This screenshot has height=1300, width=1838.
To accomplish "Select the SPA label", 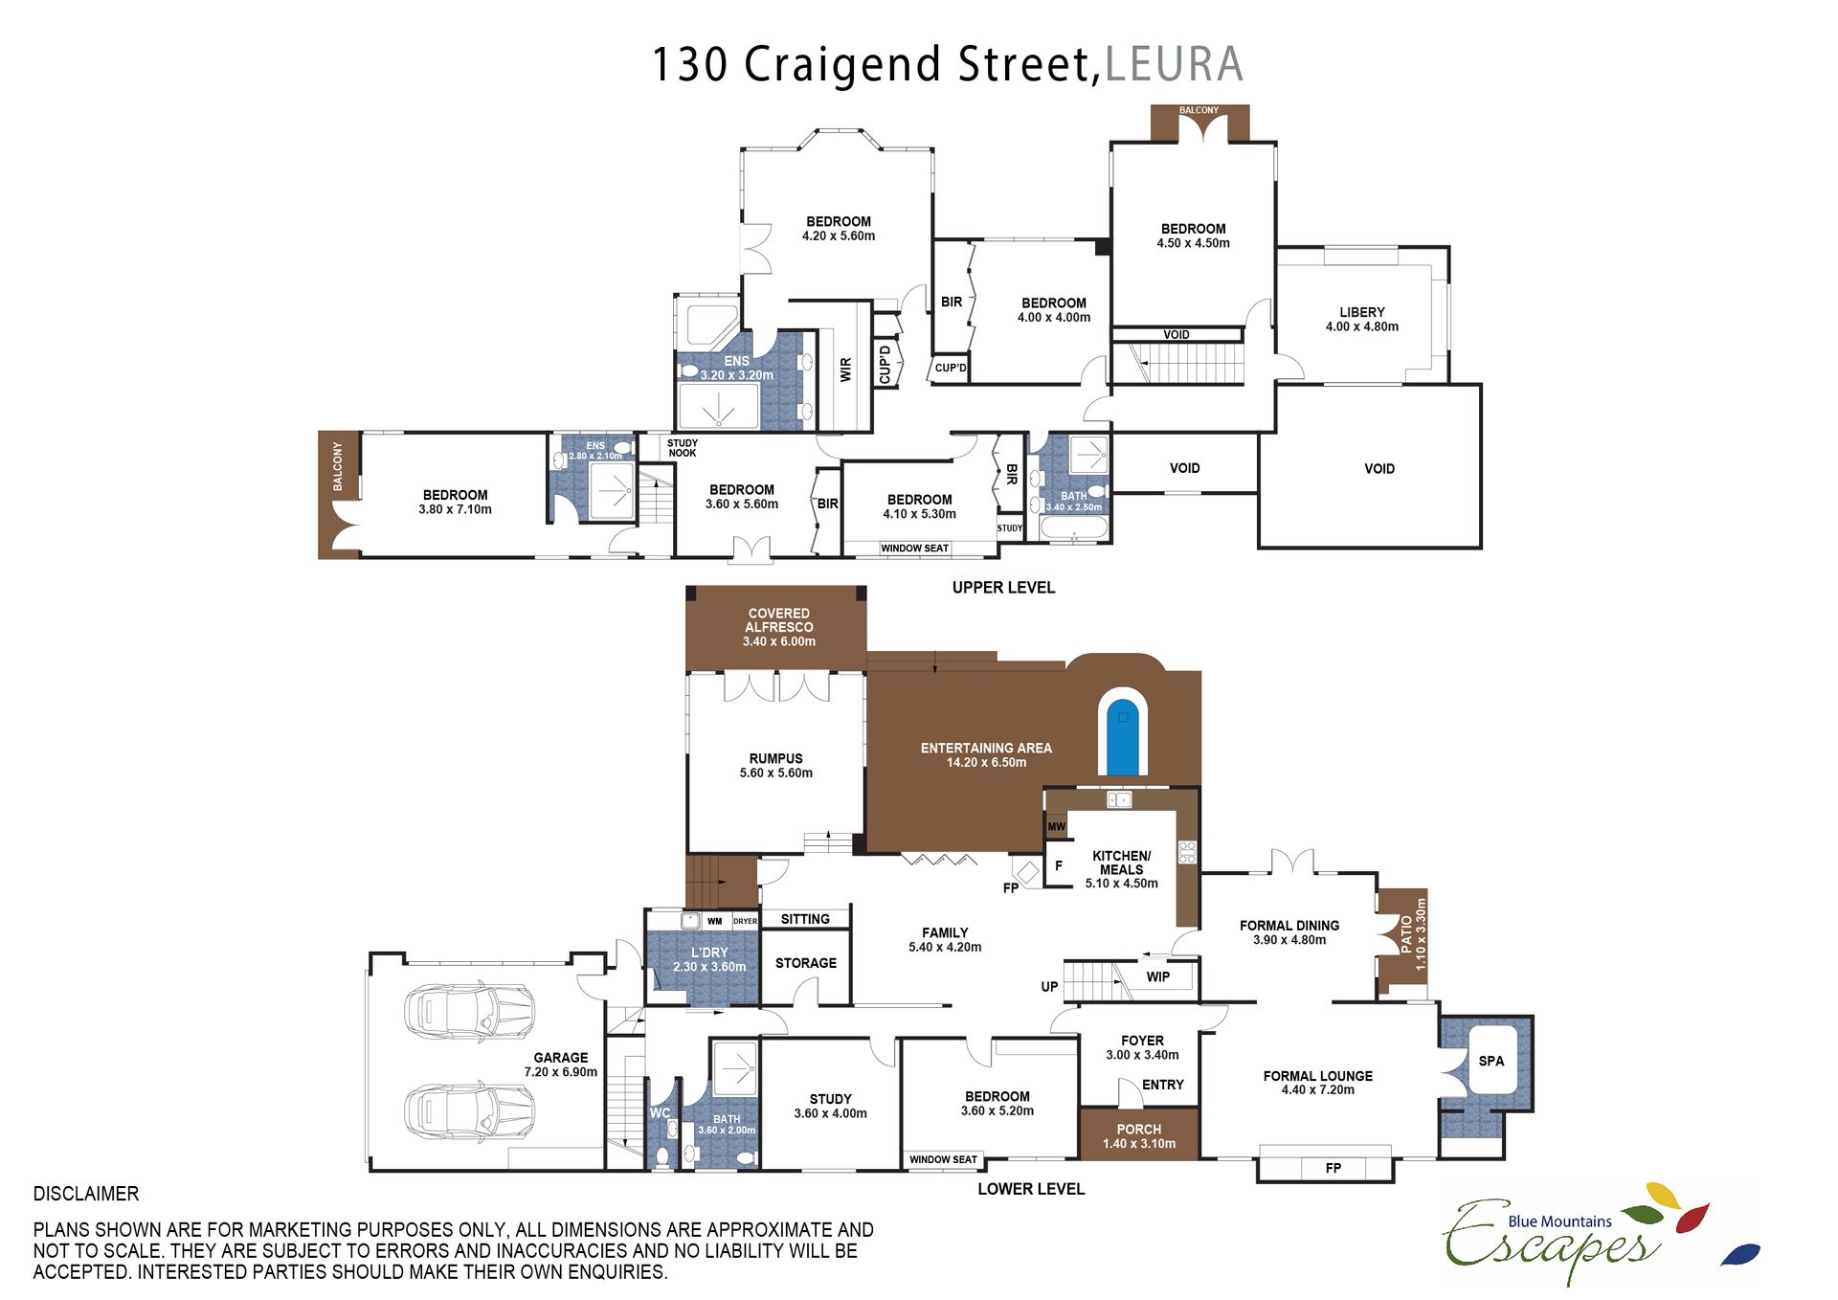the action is [x=1491, y=1061].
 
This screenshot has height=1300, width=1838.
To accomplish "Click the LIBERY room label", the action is [x=1362, y=312].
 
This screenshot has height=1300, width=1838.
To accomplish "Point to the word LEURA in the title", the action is [x=1175, y=64].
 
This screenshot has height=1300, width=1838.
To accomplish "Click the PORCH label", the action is [x=1139, y=1130].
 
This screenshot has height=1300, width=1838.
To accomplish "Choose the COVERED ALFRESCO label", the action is [x=779, y=620].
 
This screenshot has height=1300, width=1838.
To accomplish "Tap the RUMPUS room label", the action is [x=776, y=758].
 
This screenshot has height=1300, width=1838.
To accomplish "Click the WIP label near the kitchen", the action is [x=1158, y=976].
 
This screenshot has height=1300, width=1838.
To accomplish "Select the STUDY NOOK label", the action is [x=683, y=448].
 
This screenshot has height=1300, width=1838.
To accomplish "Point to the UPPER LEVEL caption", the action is [x=1003, y=588].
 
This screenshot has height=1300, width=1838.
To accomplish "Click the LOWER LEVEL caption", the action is [x=1031, y=1189].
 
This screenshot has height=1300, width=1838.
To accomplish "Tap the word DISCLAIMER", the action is [x=86, y=1194].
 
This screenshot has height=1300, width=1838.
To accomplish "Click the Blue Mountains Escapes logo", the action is [x=1601, y=1235].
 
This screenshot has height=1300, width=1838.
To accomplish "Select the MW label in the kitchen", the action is [x=1056, y=826].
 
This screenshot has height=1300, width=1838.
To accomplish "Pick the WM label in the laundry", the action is [x=715, y=922].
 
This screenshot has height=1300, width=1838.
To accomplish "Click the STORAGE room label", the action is [x=806, y=963].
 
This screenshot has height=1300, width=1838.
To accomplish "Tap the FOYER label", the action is [x=1142, y=1041].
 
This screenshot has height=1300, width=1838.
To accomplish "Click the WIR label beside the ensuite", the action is [x=845, y=370].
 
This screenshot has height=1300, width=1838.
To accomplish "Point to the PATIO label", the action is [x=1406, y=933].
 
